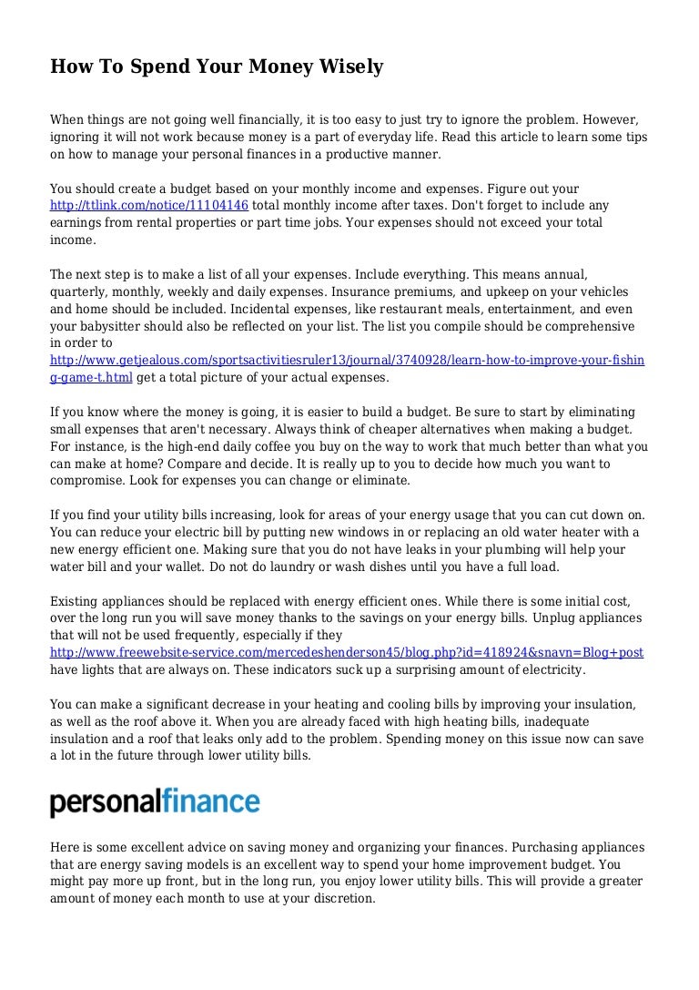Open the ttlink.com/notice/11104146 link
pyautogui.click(x=148, y=206)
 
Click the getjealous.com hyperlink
pyautogui.click(x=347, y=361)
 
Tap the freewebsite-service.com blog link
pyautogui.click(x=347, y=653)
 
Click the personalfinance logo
pyautogui.click(x=155, y=802)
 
